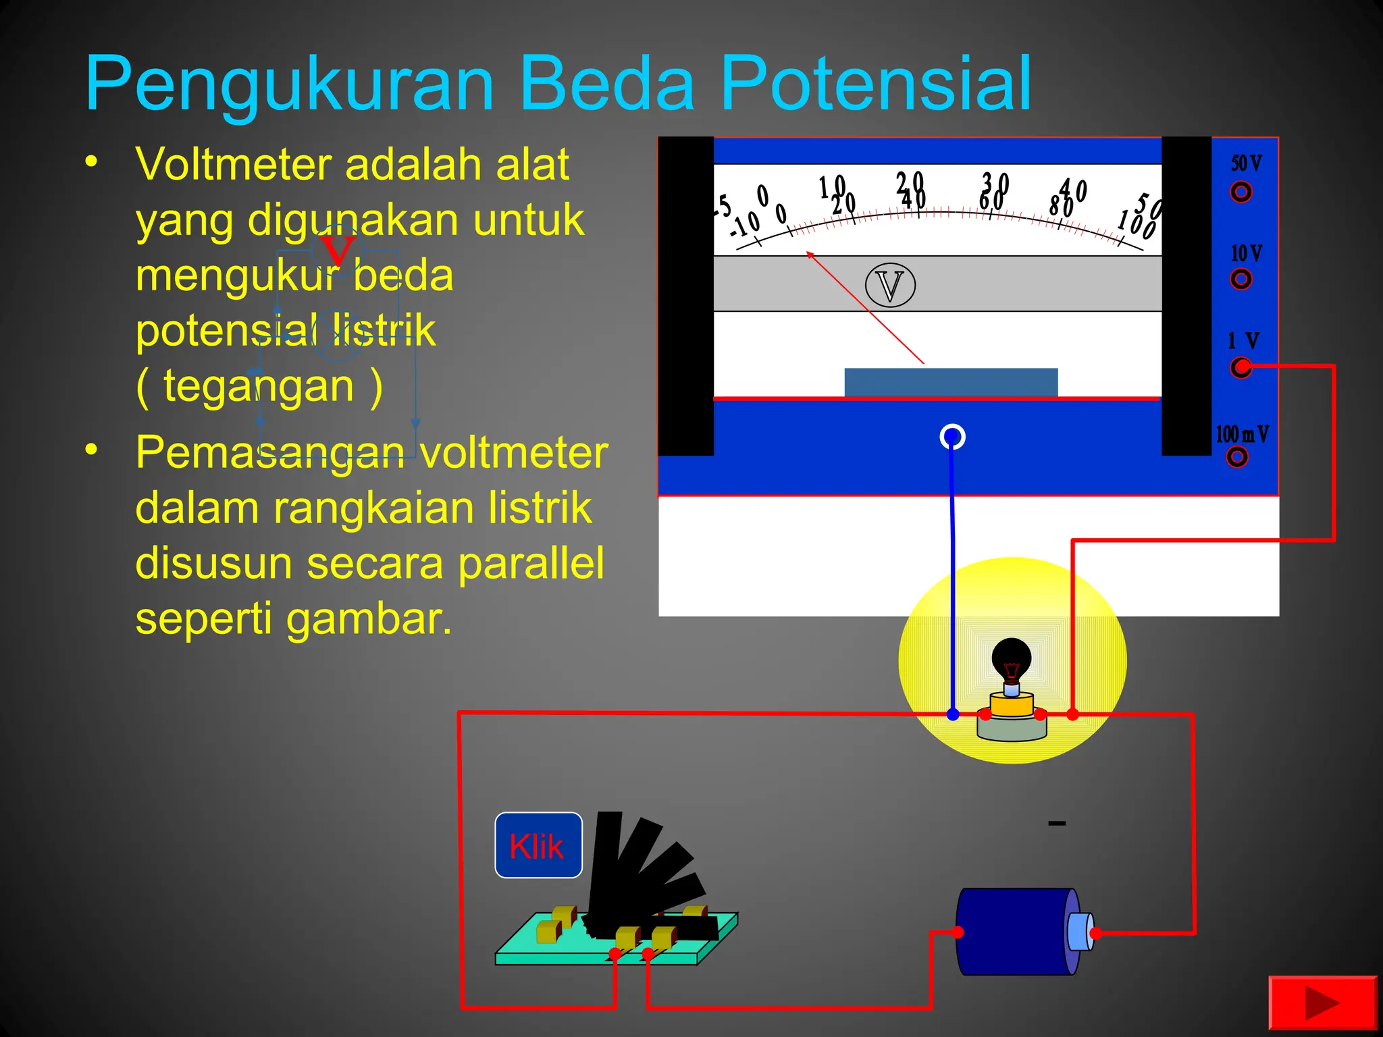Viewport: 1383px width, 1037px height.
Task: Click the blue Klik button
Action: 538,845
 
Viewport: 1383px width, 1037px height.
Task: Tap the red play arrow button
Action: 1322,1005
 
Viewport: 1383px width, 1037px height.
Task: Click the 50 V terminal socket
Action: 1241,192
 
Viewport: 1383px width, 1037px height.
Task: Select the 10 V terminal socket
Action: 1241,279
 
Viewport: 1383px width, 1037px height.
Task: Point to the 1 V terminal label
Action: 1243,341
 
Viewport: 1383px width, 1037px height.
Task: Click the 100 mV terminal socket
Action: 1237,457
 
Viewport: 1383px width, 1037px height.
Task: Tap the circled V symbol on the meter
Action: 890,286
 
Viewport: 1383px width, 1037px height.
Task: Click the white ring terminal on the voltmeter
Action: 952,437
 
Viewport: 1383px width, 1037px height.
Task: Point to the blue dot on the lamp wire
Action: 953,714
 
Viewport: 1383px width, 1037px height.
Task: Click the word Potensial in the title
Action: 876,84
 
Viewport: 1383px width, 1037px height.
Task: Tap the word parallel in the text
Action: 531,563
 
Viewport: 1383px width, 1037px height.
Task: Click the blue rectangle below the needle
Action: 951,382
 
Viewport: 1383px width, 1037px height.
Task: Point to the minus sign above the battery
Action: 1057,823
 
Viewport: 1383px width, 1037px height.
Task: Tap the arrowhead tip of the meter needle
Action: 808,253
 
